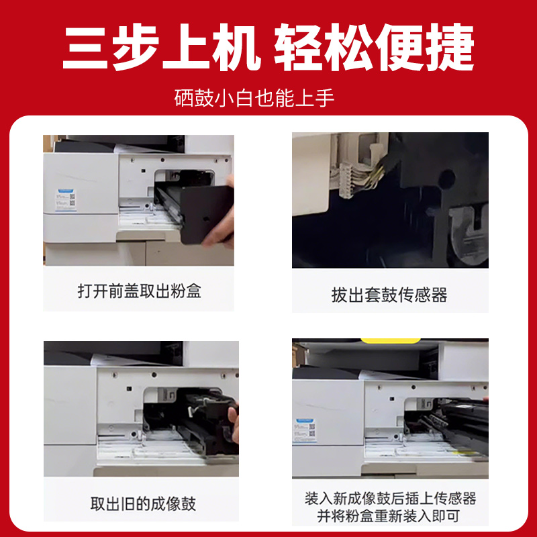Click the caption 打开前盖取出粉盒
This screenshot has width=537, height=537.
click(139, 291)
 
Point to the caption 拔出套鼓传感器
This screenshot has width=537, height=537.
click(389, 294)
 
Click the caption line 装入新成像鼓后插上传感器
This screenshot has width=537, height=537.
click(390, 499)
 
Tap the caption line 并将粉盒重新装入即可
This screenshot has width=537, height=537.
click(390, 517)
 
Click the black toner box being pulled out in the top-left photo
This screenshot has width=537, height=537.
click(195, 208)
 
